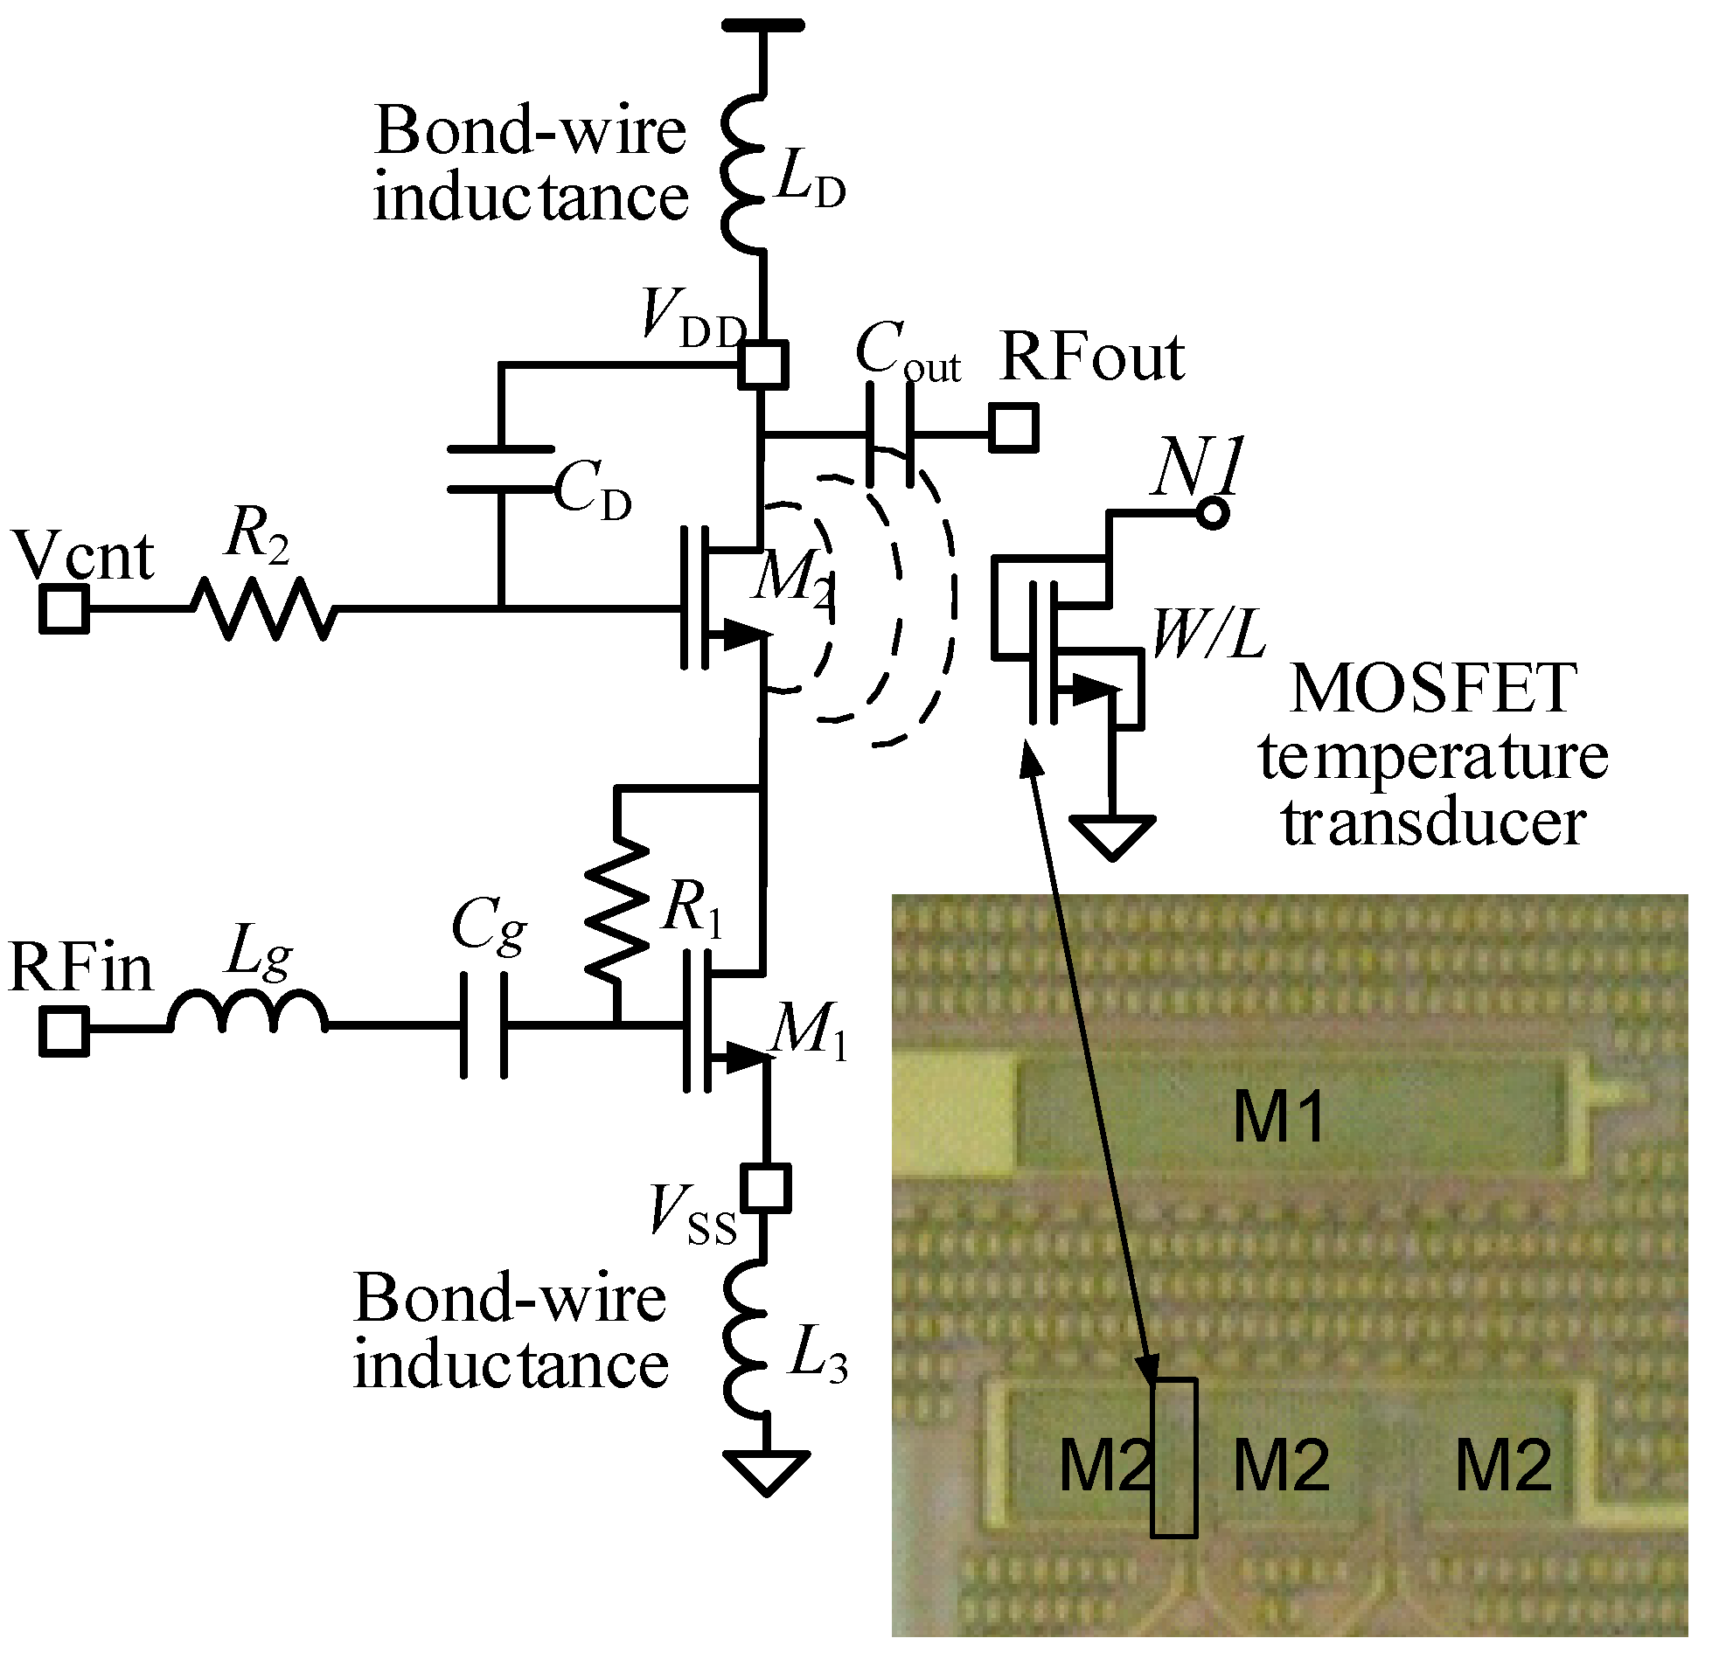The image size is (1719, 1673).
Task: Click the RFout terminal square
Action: point(1013,428)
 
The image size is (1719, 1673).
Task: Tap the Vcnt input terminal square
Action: point(64,609)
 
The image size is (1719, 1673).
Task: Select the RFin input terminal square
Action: point(64,1031)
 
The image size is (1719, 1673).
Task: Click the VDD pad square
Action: point(762,364)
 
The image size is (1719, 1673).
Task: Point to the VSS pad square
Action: point(765,1189)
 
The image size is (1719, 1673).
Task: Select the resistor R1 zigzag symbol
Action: point(617,909)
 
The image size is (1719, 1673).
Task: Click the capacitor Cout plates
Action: point(889,434)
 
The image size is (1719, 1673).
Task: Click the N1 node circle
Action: point(1213,512)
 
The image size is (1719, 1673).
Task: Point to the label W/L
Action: point(1209,634)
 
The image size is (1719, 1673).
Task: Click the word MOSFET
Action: point(1433,690)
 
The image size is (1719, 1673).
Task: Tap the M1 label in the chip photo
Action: point(1278,1118)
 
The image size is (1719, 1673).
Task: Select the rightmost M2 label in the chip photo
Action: point(1504,1466)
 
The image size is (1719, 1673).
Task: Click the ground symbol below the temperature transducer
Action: point(1111,836)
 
